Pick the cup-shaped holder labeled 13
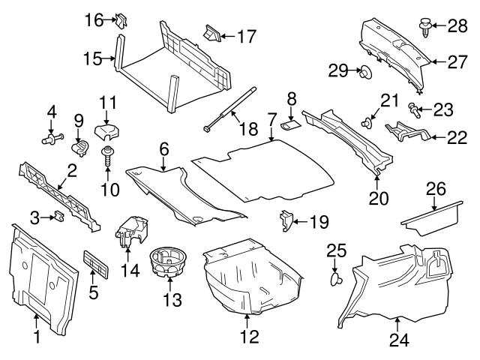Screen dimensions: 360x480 pos(169,264)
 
